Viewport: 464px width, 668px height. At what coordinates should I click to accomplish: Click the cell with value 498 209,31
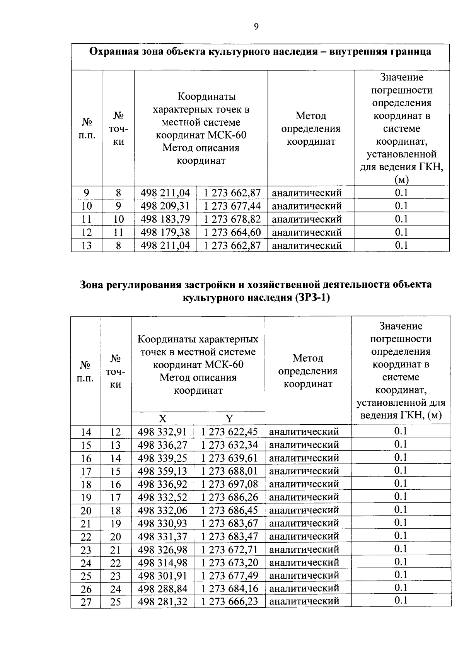pyautogui.click(x=165, y=205)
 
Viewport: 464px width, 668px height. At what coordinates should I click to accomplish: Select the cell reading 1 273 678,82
pyautogui.click(x=232, y=219)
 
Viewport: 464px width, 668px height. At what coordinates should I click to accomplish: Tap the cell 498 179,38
pyautogui.click(x=165, y=232)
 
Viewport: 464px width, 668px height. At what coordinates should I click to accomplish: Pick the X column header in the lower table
pyautogui.click(x=162, y=418)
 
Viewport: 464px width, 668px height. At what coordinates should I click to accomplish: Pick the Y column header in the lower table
pyautogui.click(x=229, y=418)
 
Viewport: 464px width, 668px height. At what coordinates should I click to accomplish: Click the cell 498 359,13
pyautogui.click(x=162, y=471)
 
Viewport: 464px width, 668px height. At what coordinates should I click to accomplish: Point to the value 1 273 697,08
pyautogui.click(x=229, y=484)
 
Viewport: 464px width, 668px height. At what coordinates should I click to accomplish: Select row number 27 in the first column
pyautogui.click(x=86, y=602)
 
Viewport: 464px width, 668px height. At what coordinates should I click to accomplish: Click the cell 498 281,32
pyautogui.click(x=162, y=601)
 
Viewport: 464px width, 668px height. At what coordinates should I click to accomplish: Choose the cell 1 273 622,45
pyautogui.click(x=229, y=431)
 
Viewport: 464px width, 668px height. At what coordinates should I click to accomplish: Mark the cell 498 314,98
pyautogui.click(x=162, y=562)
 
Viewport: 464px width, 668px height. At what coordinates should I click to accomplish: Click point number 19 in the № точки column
pyautogui.click(x=116, y=524)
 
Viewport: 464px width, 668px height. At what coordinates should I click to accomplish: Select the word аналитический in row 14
pyautogui.click(x=304, y=431)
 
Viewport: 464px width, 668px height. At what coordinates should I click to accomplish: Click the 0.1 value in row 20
pyautogui.click(x=401, y=510)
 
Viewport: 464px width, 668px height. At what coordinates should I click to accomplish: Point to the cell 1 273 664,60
pyautogui.click(x=232, y=232)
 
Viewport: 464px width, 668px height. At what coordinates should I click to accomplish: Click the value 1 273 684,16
pyautogui.click(x=229, y=588)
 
